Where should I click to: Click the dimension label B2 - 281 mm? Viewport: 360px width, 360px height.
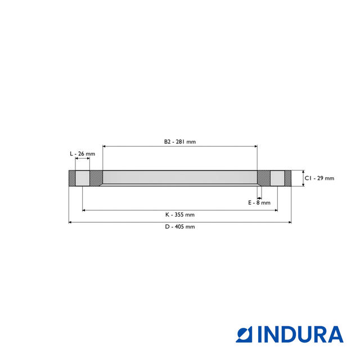[x=180, y=142]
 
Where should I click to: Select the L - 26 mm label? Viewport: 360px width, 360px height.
[x=82, y=154]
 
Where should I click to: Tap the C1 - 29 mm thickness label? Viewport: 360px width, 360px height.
[x=319, y=178]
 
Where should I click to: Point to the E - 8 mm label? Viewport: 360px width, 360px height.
[x=259, y=202]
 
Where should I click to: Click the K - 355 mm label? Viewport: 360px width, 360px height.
[x=180, y=214]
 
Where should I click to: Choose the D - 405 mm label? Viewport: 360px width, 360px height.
[x=180, y=227]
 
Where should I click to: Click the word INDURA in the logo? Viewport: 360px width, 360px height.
[x=300, y=334]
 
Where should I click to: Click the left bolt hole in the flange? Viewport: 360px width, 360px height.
[x=82, y=178]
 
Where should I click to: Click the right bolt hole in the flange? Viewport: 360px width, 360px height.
[x=277, y=178]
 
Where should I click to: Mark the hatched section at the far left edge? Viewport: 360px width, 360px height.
[x=71, y=178]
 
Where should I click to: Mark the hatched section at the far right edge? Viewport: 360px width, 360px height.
[x=288, y=178]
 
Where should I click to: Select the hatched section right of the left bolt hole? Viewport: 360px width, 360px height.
[x=96, y=178]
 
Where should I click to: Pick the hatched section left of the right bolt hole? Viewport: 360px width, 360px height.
[x=263, y=178]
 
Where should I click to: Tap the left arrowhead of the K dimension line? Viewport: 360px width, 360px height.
[x=84, y=210]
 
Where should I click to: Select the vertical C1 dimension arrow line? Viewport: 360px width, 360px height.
[x=303, y=178]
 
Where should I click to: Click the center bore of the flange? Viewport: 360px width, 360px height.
[x=180, y=178]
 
